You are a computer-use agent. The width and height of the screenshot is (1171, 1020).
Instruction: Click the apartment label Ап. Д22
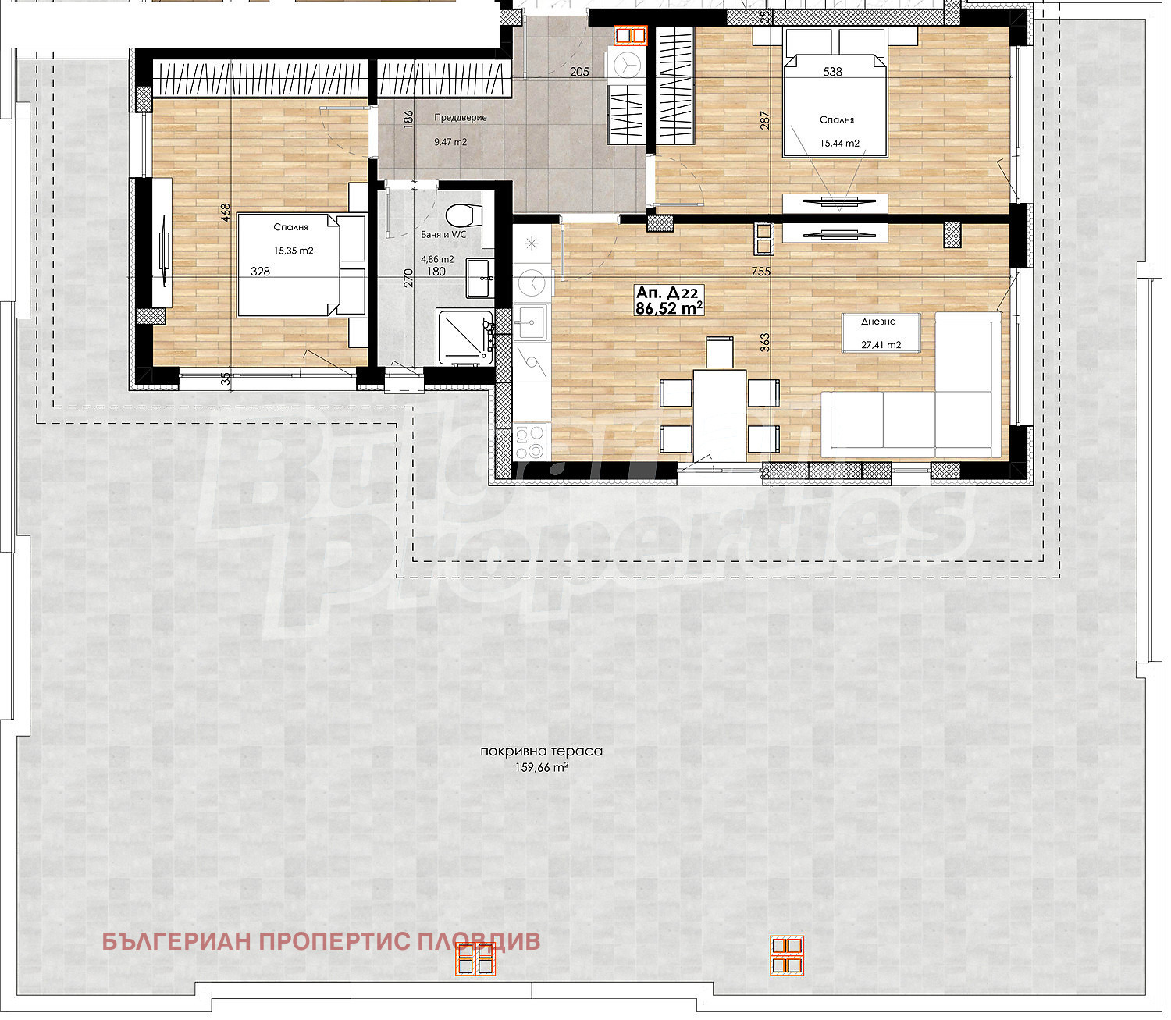click(x=667, y=293)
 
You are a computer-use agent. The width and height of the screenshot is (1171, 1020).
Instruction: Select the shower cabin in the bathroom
click(x=464, y=337)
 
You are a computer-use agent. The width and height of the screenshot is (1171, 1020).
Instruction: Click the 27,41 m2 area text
click(x=881, y=344)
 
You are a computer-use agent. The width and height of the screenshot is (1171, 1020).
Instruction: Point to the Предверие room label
click(x=460, y=117)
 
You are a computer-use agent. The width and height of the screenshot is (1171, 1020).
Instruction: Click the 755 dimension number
click(x=760, y=272)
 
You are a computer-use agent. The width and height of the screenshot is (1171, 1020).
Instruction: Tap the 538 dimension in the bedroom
click(x=832, y=72)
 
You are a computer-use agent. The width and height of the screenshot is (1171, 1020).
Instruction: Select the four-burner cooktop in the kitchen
click(x=530, y=441)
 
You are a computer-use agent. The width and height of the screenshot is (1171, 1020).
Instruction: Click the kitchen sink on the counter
click(x=530, y=322)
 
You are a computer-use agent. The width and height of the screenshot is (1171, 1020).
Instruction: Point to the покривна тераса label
click(x=542, y=751)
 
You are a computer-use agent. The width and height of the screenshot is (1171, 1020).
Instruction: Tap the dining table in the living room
click(x=720, y=414)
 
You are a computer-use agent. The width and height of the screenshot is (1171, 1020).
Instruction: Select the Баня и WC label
click(x=443, y=235)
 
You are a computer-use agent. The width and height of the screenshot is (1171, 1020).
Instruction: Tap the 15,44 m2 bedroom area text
click(x=840, y=143)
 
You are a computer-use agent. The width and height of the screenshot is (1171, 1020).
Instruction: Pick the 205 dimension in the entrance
click(x=579, y=72)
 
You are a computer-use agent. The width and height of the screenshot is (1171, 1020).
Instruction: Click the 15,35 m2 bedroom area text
click(x=294, y=251)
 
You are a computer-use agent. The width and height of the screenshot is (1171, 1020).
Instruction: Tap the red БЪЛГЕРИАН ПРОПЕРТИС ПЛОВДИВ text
click(x=321, y=941)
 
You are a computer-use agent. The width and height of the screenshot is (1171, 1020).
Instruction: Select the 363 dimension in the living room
click(x=764, y=343)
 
